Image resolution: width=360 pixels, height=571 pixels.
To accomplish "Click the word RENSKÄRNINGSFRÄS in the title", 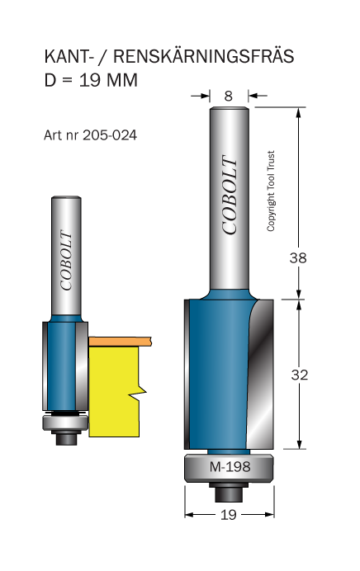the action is click(x=203, y=56).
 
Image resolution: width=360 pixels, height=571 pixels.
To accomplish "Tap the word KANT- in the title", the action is click(x=68, y=57).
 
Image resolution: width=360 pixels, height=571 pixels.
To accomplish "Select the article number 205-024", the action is click(x=110, y=135).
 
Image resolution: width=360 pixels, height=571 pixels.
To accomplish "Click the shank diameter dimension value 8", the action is click(x=229, y=97).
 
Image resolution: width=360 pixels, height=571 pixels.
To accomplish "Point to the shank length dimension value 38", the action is click(x=298, y=257).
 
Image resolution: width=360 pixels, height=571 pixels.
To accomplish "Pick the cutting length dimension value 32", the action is click(x=300, y=375).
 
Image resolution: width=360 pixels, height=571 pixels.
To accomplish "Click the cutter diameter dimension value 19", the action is click(x=229, y=515).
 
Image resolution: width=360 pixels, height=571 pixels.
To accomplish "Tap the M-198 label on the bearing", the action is click(x=230, y=466).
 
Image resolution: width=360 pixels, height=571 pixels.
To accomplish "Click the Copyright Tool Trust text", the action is click(x=270, y=191).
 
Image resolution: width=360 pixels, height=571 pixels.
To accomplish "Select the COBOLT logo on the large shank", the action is click(x=230, y=196).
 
